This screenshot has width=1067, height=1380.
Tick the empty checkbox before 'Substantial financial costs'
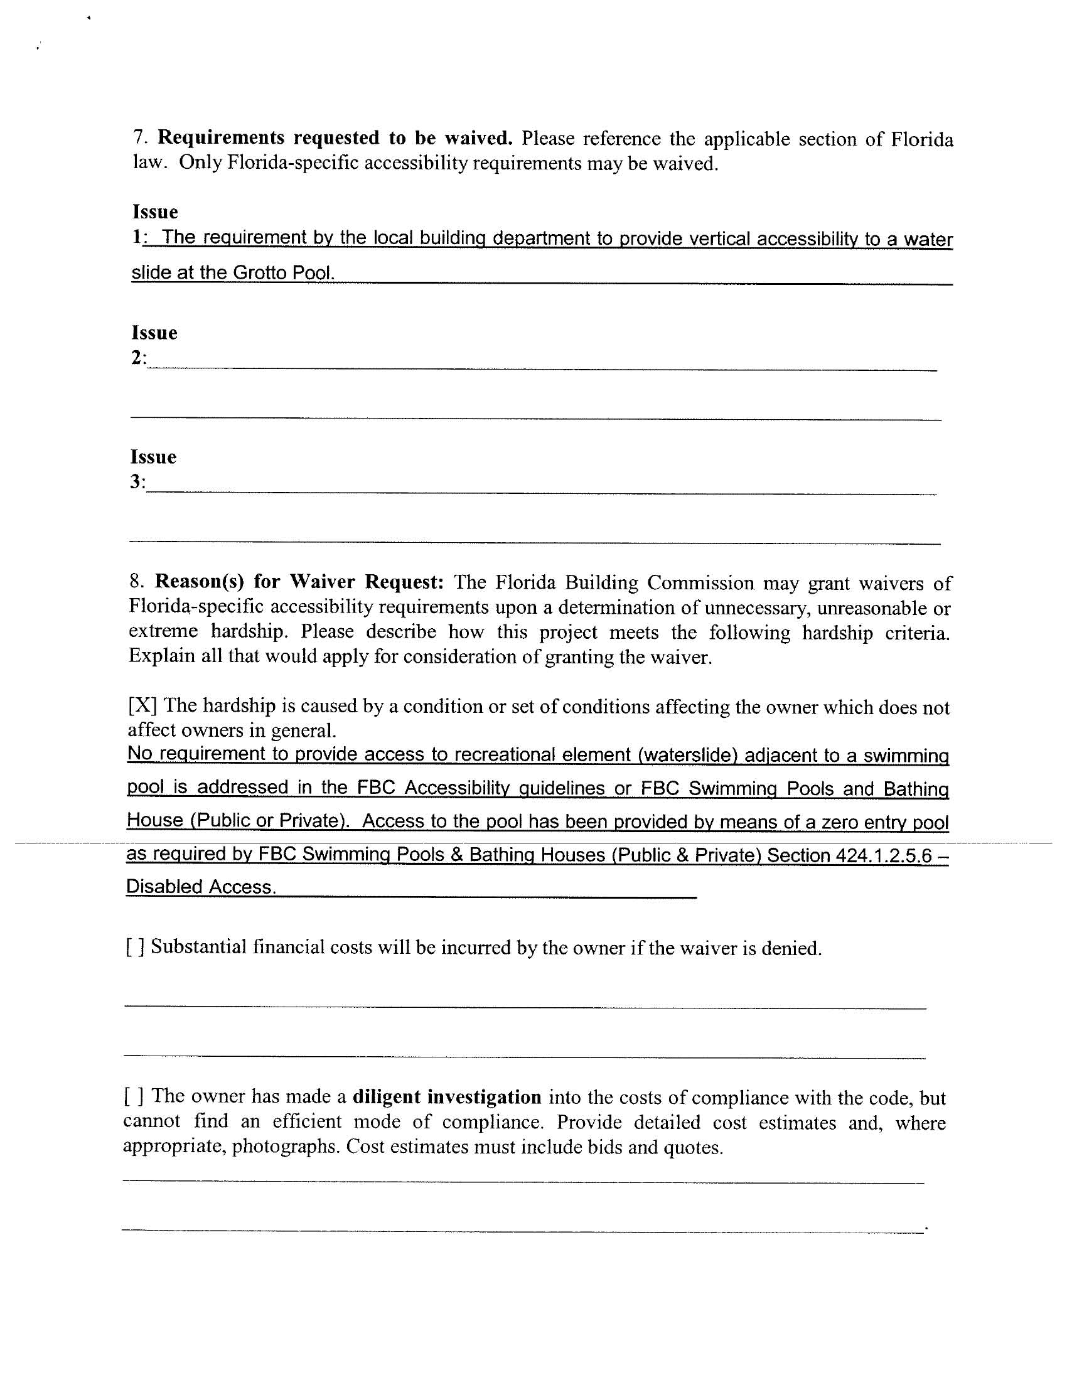pyautogui.click(x=136, y=946)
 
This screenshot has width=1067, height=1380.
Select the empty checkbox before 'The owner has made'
pyautogui.click(x=133, y=1096)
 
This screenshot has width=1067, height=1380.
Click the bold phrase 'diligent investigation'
pyautogui.click(x=447, y=1096)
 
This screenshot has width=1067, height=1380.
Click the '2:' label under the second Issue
pyautogui.click(x=139, y=358)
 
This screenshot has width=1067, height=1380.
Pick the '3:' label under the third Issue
pyautogui.click(x=138, y=482)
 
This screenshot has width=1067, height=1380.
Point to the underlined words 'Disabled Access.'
pyautogui.click(x=201, y=887)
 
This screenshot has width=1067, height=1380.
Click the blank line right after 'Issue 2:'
pyautogui.click(x=541, y=363)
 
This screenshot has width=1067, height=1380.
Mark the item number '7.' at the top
pyautogui.click(x=141, y=137)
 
